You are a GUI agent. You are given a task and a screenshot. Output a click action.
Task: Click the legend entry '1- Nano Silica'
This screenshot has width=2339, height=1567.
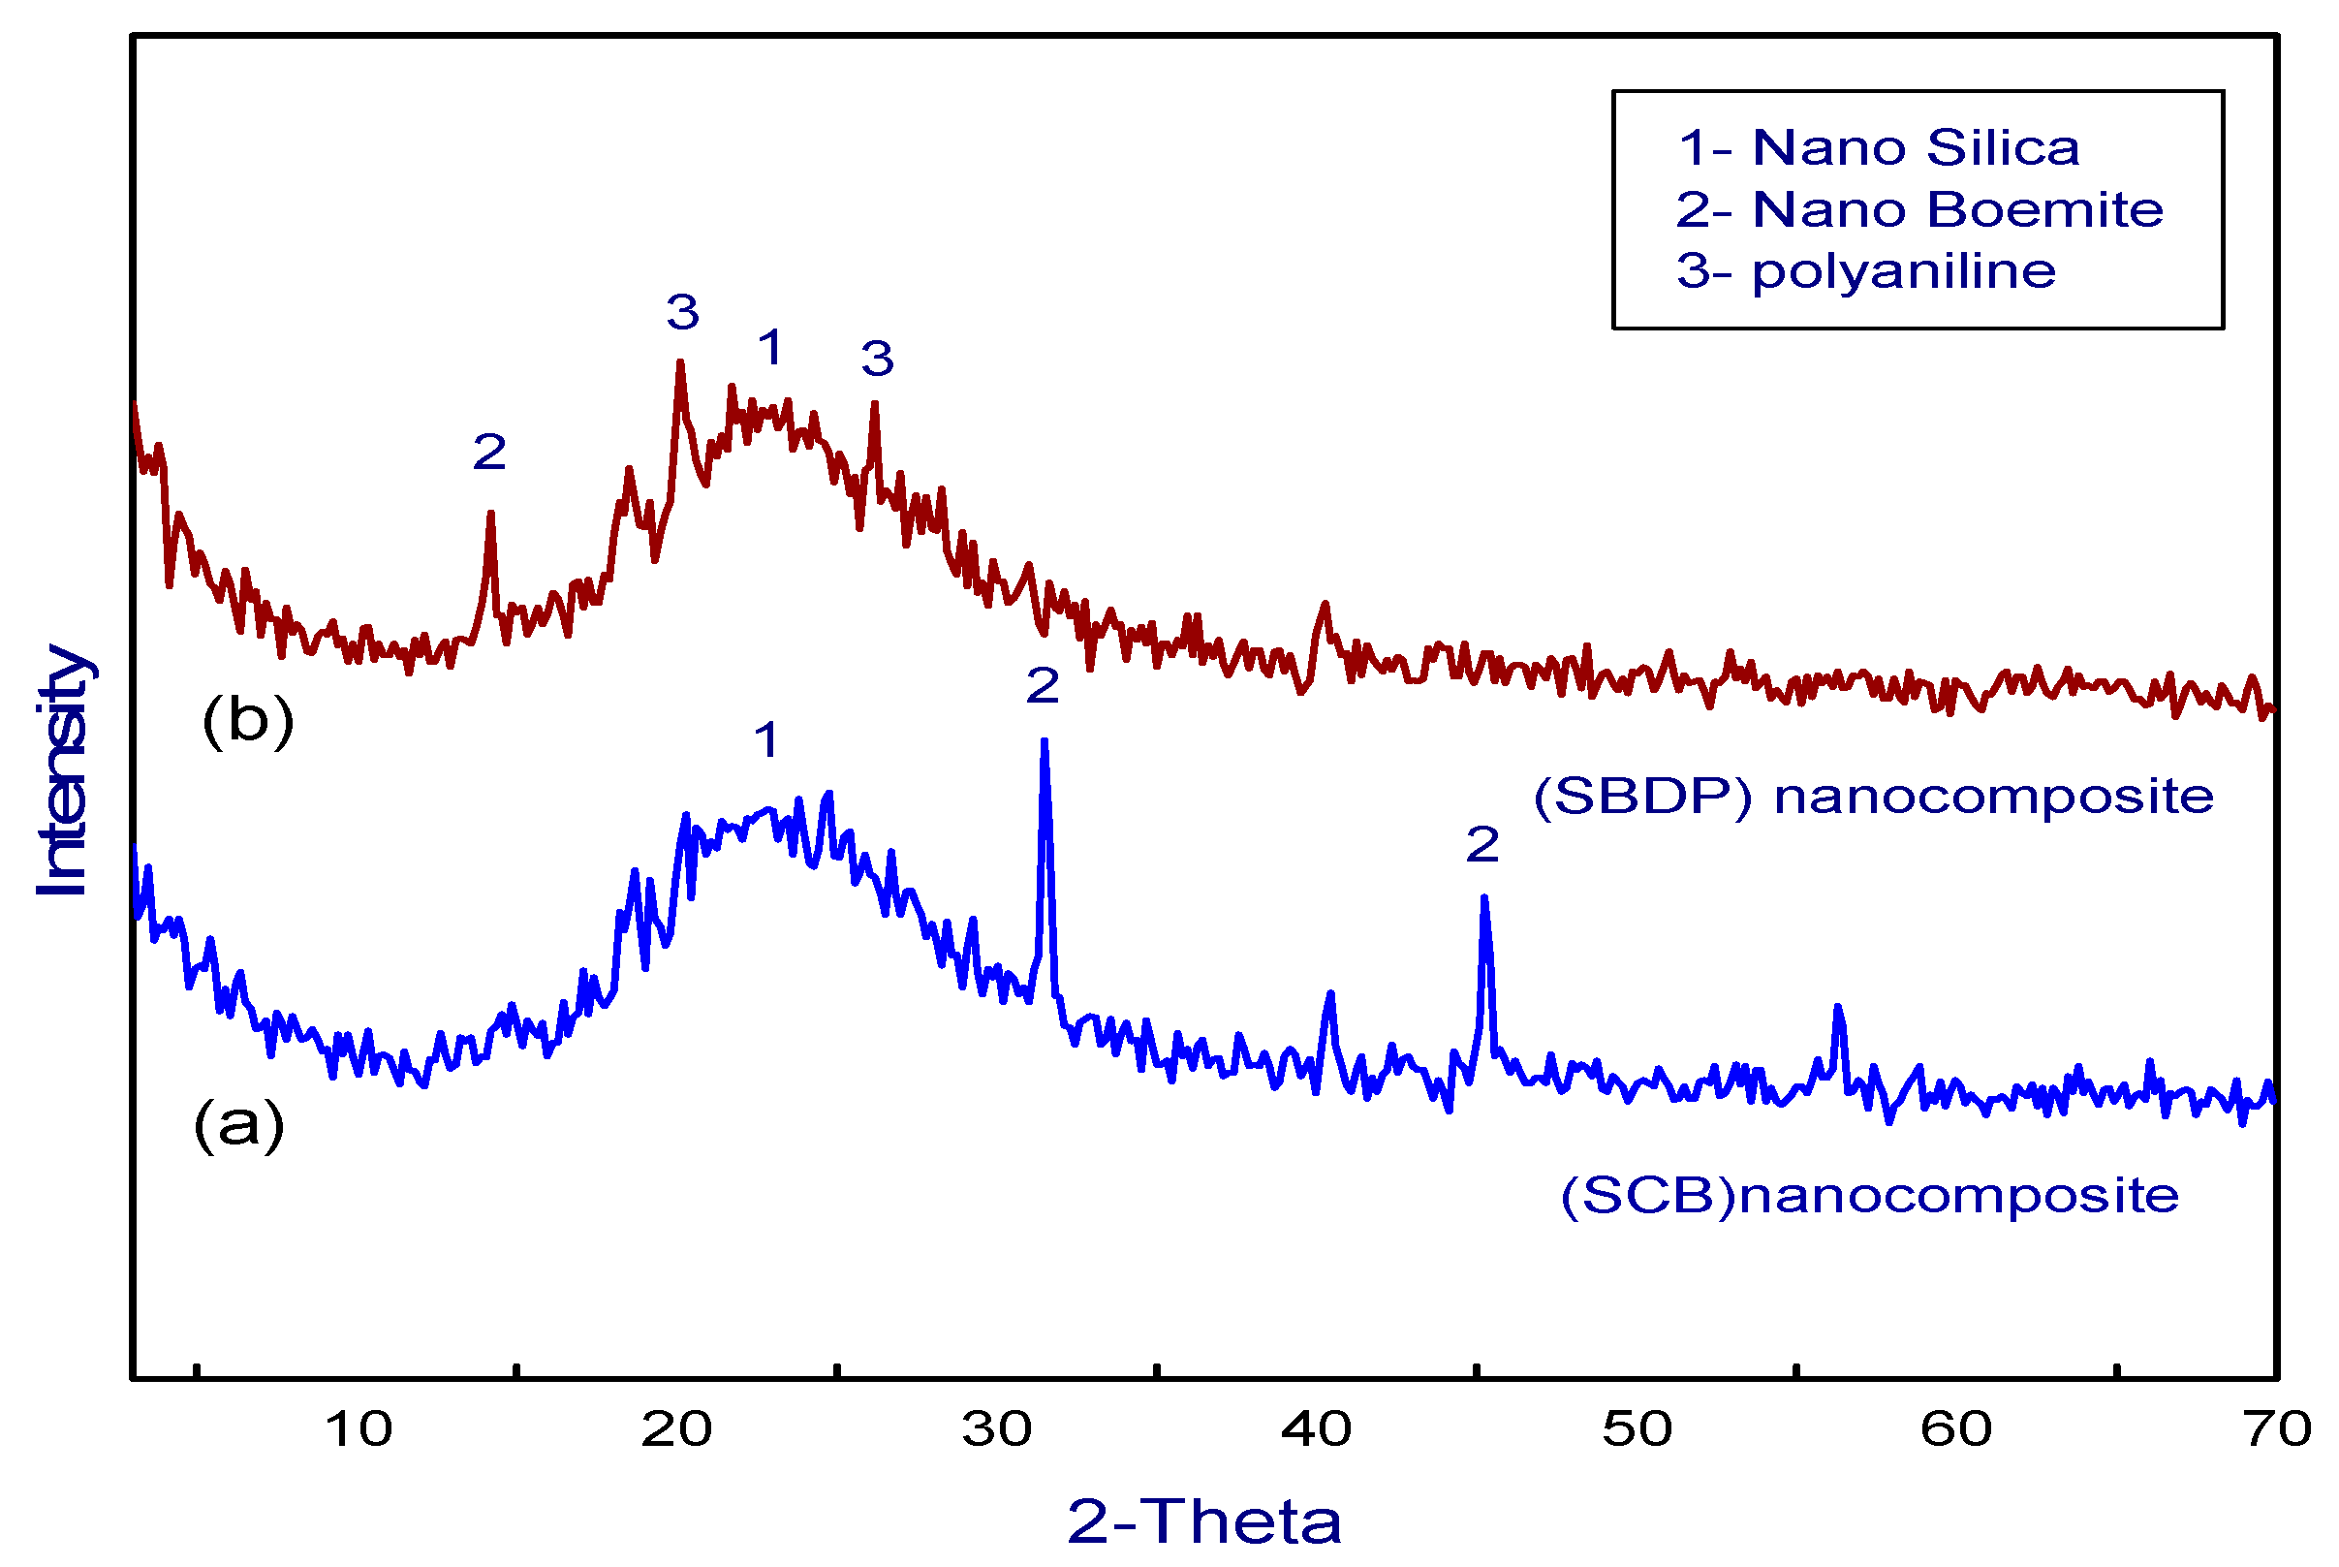coord(1878,148)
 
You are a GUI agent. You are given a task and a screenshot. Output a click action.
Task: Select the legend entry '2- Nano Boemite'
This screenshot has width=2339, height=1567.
coord(1918,210)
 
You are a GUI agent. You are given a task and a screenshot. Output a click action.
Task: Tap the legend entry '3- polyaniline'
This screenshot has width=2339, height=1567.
coord(1864,270)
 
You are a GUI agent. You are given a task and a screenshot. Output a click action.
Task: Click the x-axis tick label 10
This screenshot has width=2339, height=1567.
coord(358,1429)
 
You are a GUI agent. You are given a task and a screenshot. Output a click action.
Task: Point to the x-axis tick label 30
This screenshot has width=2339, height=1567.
coord(996,1429)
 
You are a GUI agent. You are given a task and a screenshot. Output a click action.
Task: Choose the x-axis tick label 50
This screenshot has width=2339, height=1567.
coord(1637,1429)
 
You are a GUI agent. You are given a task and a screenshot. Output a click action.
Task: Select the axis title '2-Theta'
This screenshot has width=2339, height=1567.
coord(1204,1522)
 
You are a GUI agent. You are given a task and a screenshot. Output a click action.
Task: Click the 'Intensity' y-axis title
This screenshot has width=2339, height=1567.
coord(62,769)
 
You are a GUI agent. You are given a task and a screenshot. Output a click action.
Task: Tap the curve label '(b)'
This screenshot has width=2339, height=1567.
coord(248,719)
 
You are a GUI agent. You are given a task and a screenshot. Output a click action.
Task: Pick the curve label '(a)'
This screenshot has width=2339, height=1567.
coord(238,1124)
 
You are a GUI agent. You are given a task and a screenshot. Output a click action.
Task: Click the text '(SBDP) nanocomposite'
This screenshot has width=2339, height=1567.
coord(1873,797)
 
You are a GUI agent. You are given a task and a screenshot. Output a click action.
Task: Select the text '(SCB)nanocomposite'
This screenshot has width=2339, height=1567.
coord(1868,1196)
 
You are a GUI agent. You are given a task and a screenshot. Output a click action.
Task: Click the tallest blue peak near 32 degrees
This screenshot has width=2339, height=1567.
coord(1045,741)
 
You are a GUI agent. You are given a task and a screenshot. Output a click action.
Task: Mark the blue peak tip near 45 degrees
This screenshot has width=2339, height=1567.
coord(1483,898)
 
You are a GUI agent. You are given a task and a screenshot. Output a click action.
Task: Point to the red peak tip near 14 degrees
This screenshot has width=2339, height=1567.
coord(490,514)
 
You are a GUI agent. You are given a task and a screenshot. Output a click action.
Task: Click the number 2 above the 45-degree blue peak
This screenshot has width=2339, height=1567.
coord(1481,845)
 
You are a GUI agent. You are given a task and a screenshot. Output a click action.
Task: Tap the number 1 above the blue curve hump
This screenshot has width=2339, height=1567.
coord(766,740)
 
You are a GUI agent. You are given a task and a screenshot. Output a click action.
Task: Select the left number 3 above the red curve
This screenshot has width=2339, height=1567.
coord(682,313)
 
